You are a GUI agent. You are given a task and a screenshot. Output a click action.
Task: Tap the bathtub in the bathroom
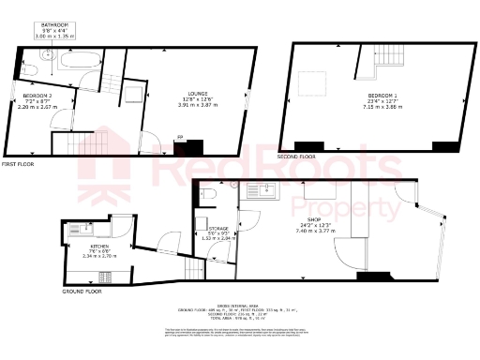(x=77, y=63)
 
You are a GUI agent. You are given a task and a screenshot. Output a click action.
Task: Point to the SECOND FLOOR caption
(x=296, y=157)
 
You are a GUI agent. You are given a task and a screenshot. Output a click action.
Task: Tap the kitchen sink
(x=76, y=229)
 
